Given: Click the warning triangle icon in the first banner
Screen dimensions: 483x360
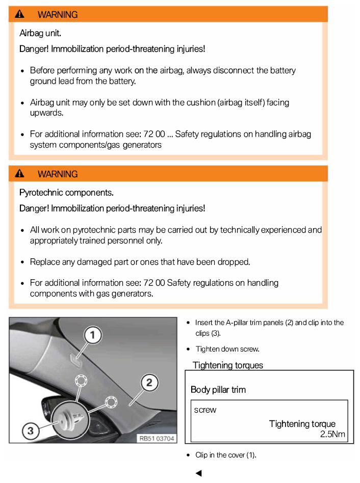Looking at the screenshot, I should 20,14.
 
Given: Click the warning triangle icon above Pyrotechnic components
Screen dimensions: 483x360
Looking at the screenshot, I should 20,174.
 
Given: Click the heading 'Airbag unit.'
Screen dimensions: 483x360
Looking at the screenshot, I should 40,34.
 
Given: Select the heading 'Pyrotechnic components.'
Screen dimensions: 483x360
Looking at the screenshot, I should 66,193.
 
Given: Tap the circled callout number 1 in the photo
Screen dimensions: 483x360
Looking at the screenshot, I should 92,335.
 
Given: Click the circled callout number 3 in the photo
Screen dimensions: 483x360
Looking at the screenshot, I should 31,431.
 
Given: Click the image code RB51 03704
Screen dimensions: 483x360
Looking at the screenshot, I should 157,437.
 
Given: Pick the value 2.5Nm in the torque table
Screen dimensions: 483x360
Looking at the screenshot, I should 332,434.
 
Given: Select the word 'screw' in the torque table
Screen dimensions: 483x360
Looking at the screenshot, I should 205,410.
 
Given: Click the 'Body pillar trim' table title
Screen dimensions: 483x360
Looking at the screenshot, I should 218,390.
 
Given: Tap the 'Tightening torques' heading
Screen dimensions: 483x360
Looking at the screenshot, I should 228,365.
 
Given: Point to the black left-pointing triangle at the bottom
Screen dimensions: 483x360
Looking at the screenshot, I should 198,473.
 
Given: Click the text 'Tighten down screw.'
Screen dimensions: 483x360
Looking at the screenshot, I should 227,349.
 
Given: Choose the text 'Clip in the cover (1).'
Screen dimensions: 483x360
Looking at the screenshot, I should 225,455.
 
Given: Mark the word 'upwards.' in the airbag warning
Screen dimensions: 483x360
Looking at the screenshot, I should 46,113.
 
